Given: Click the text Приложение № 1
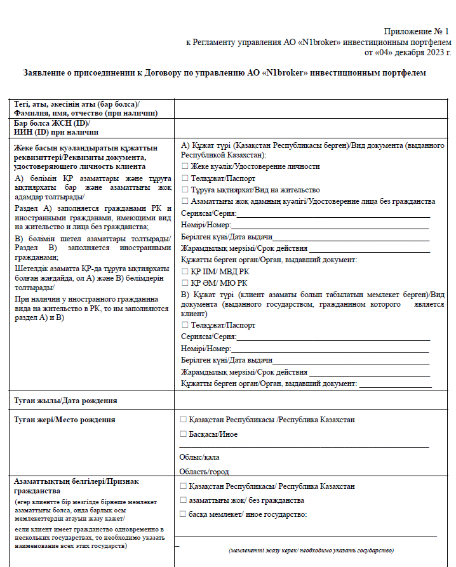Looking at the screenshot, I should (416, 31).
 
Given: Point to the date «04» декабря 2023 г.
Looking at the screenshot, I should (407, 52).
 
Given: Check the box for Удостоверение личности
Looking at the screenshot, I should (184, 166).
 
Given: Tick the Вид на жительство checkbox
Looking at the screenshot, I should (184, 189).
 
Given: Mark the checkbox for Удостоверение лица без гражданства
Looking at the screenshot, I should (184, 201).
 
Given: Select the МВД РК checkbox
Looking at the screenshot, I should (184, 271).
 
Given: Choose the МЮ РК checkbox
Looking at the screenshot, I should (184, 283).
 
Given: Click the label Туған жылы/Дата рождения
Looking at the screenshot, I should (65, 401).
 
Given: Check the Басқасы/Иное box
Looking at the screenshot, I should (184, 434).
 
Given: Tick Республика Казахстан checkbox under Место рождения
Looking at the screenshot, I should (184, 420).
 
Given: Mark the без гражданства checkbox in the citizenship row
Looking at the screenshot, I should (184, 500).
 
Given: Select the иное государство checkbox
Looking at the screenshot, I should (184, 514).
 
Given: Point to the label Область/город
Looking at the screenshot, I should (204, 472).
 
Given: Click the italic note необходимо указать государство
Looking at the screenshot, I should (311, 550).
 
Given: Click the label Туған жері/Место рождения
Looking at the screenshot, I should (65, 420).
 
